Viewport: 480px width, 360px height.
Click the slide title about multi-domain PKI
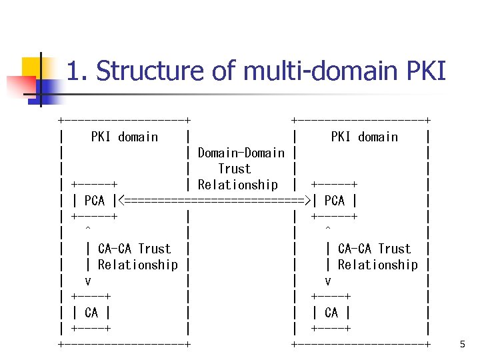[x=256, y=71]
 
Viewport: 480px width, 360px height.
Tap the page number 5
[x=463, y=345]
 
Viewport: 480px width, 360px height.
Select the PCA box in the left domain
[x=95, y=201]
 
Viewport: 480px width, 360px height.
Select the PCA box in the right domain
[x=334, y=201]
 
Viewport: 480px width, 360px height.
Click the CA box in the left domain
[x=91, y=313]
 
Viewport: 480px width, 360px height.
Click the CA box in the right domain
[x=331, y=313]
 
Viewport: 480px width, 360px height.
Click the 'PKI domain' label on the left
[x=125, y=137]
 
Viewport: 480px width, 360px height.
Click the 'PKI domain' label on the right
[x=364, y=137]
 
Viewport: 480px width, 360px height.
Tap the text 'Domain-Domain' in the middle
[x=241, y=153]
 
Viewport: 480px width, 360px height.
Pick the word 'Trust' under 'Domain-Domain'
[x=235, y=169]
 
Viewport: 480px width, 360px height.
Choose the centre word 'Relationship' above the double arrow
[x=238, y=185]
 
